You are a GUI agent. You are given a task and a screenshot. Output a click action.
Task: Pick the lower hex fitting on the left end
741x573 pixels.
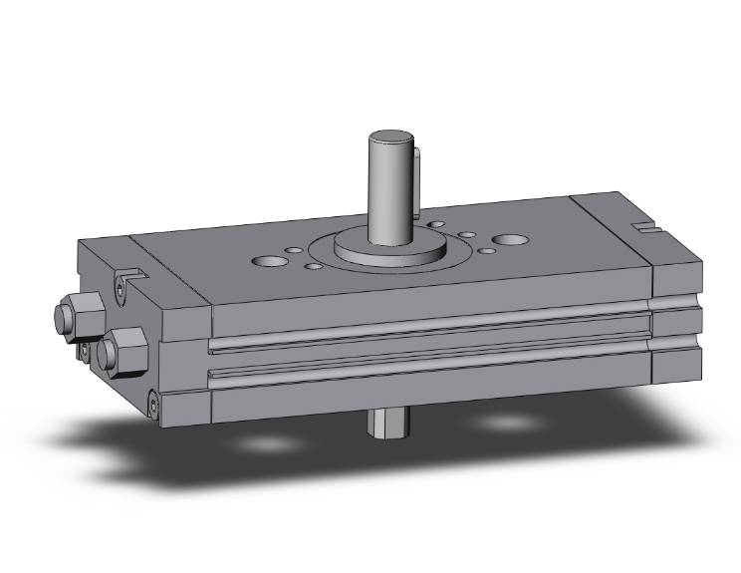point(123,348)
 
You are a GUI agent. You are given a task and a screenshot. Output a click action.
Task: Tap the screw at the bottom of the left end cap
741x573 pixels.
point(153,405)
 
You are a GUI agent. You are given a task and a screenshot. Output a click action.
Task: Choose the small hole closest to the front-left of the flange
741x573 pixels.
point(313,266)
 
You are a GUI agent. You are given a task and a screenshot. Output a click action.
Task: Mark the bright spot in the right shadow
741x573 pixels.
point(509,423)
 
